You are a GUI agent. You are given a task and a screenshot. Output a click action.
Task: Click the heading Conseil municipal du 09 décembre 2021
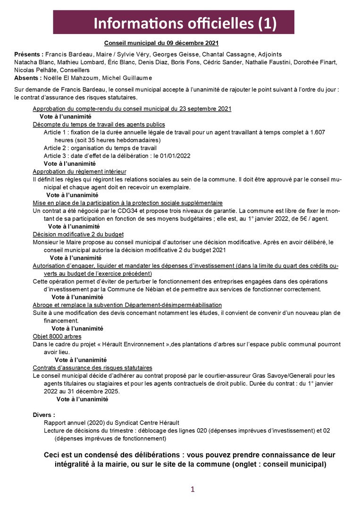click(x=161, y=42)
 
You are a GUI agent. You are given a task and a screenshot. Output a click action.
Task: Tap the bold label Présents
click(x=29, y=54)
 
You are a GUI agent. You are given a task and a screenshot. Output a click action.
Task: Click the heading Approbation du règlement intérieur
click(x=79, y=171)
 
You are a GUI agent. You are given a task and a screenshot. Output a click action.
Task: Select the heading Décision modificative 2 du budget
click(x=78, y=234)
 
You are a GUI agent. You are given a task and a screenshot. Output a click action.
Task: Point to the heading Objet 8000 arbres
click(x=57, y=336)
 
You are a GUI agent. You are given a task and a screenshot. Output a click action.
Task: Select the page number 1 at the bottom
click(x=193, y=489)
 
